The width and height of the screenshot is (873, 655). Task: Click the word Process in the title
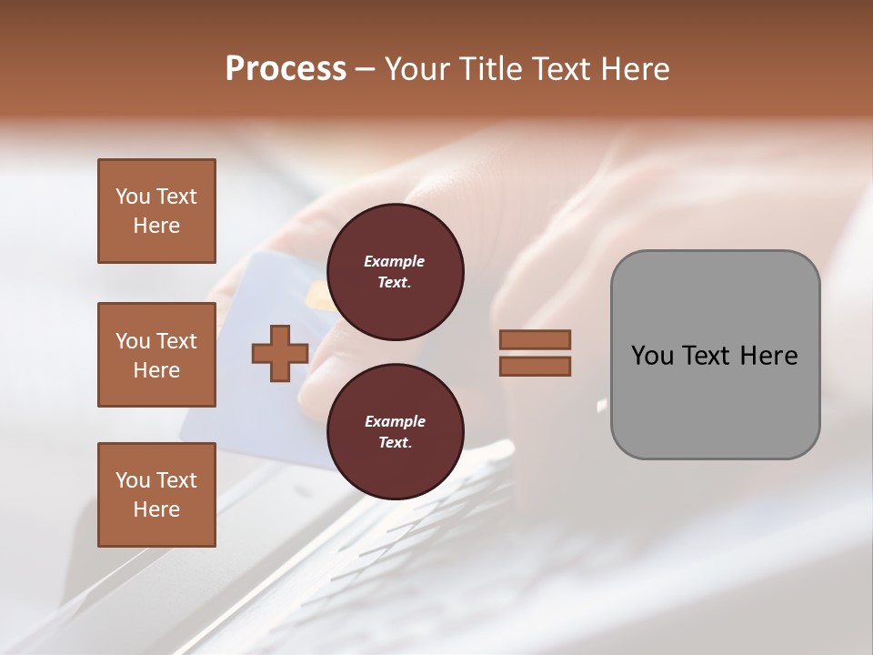pos(286,69)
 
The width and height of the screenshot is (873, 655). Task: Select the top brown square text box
pos(156,211)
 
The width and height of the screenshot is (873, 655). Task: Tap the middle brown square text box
pos(156,355)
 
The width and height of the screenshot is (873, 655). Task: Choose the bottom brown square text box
pos(156,495)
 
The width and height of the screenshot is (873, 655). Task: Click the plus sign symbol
pos(280,353)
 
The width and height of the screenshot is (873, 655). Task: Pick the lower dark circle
pos(395,432)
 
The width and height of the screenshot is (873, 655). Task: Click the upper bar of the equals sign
pos(535,339)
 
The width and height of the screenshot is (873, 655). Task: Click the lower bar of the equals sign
pos(535,367)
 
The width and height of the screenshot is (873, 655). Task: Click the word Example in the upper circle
pos(395,261)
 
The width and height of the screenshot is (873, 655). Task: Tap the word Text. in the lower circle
pos(395,443)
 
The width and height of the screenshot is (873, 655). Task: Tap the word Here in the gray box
pos(768,356)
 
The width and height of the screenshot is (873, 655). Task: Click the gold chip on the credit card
pos(318,296)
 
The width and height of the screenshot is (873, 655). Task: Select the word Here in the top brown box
pos(156,226)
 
